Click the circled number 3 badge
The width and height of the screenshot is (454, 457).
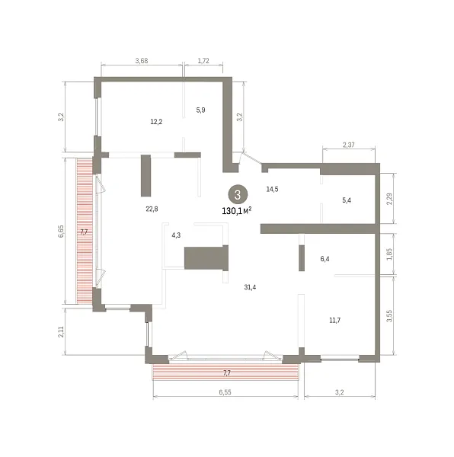coord(238,194)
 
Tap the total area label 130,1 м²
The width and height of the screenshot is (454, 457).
coord(237,210)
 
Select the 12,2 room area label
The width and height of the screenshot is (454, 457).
coord(156,122)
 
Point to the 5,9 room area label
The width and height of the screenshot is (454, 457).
coord(200,110)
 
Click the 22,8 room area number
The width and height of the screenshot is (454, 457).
coord(152,209)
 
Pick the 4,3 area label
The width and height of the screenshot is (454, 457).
coord(176,235)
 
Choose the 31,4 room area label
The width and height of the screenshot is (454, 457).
coord(250,287)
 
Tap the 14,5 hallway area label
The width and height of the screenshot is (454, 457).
coord(272,189)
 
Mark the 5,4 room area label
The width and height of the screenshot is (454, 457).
coord(347,200)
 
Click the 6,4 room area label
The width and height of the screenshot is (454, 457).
coord(325,258)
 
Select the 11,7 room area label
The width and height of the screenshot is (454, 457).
coord(335,321)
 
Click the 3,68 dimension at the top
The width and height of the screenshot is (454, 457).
coord(142,61)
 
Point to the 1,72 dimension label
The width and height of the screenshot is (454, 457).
coord(203,61)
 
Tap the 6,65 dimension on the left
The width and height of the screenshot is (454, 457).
coord(61,232)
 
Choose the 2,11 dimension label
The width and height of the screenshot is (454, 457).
coord(61,331)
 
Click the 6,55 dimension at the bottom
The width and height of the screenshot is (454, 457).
coord(225,392)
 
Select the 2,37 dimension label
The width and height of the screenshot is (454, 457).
coord(349,145)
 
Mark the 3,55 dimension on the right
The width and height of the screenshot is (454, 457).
coord(389,316)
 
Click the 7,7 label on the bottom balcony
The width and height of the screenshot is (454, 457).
coord(227,372)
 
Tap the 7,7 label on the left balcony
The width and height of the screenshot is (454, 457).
coord(84,232)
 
